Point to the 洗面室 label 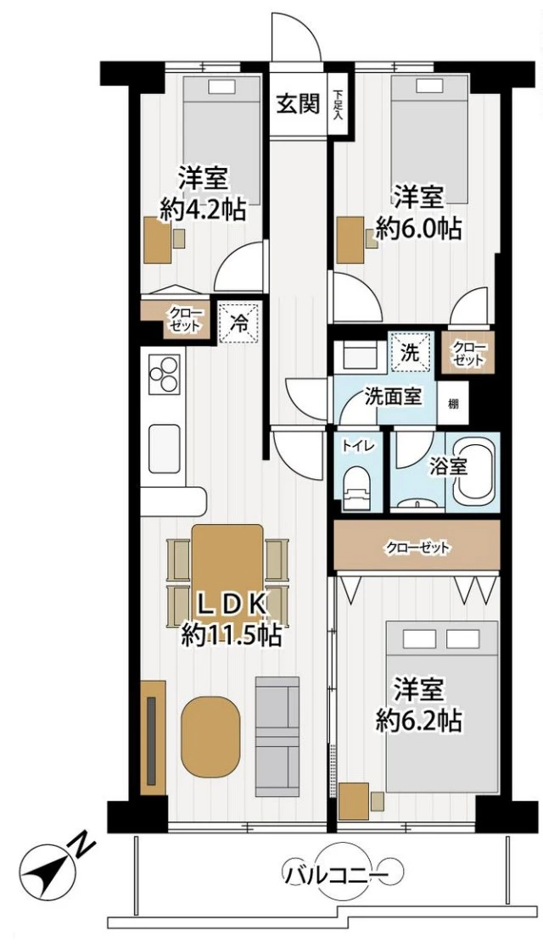pyautogui.click(x=393, y=395)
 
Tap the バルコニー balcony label pyautogui.click(x=335, y=873)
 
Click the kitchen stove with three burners pyautogui.click(x=165, y=373)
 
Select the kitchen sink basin pyautogui.click(x=165, y=447)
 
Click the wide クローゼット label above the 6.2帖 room pyautogui.click(x=417, y=548)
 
